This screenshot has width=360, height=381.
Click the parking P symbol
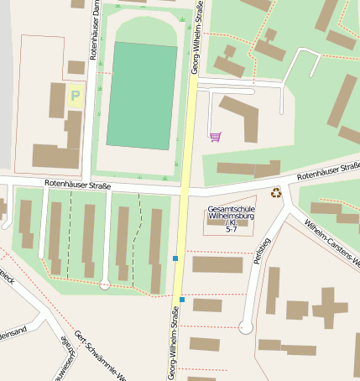pyautogui.click(x=75, y=96)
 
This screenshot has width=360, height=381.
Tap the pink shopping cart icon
pyautogui.click(x=216, y=136)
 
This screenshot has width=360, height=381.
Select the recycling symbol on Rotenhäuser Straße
pyautogui.click(x=276, y=194)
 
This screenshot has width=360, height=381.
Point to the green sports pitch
pyautogui.click(x=142, y=96)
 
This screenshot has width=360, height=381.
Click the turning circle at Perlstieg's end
pyautogui.click(x=245, y=327)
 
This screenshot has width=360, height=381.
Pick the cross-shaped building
pyautogui.click(x=328, y=307)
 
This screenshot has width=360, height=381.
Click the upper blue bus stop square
pyautogui.click(x=175, y=258)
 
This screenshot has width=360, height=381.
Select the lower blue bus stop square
pyautogui.click(x=182, y=299)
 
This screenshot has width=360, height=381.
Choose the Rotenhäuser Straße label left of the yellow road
pyautogui.click(x=77, y=183)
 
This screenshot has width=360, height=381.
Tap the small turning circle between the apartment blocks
pyautogui.click(x=105, y=285)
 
